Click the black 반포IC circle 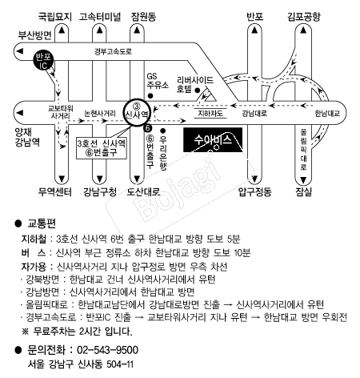(x=43, y=60)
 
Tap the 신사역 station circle (x=137, y=112)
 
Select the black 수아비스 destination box (x=213, y=140)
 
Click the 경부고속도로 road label (x=113, y=51)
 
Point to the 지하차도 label (x=210, y=114)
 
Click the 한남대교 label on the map (x=327, y=114)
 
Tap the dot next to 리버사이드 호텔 (x=198, y=90)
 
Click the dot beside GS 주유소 (x=150, y=96)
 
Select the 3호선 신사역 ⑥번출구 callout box (x=102, y=148)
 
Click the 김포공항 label (x=303, y=17)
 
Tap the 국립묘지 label (x=55, y=17)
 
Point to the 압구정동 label (x=255, y=191)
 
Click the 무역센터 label (x=55, y=191)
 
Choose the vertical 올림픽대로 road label (x=303, y=150)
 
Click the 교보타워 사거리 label (x=60, y=112)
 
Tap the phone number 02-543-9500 (x=107, y=350)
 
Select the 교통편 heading (x=42, y=223)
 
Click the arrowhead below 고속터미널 (x=99, y=30)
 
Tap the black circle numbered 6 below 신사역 (x=147, y=128)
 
